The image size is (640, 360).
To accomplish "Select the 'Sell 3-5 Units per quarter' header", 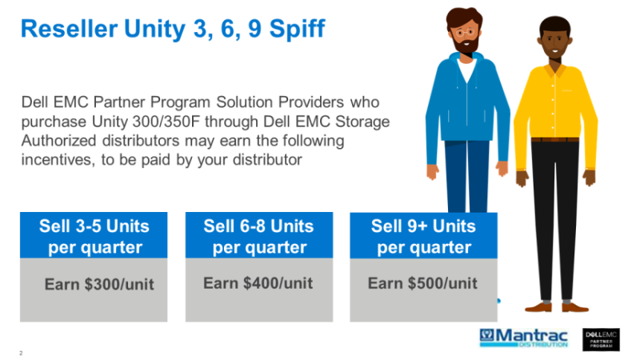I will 94,235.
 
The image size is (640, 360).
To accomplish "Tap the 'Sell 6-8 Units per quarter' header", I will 259,235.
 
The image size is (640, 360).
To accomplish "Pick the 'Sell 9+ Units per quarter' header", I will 424,235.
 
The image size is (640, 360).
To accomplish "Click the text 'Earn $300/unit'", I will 98,284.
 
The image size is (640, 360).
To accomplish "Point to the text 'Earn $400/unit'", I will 258,283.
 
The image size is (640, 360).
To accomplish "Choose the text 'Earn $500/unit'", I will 422,283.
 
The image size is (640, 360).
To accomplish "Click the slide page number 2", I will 20,353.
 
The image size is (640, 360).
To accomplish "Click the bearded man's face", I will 465,32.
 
